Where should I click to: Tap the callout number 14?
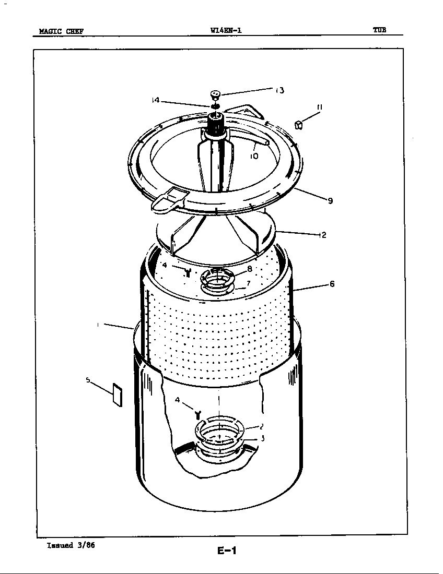point(155,100)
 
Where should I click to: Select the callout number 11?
point(319,107)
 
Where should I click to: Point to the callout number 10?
point(254,156)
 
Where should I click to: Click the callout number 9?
point(330,201)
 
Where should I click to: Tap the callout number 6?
point(332,284)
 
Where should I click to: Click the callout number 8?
point(250,269)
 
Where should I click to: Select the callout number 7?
point(249,283)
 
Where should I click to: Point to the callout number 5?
point(88,380)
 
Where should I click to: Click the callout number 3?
point(262,438)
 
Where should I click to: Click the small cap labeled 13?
point(216,94)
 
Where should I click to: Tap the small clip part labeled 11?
point(298,125)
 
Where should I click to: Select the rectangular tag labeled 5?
point(117,396)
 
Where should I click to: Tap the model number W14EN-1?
point(226,30)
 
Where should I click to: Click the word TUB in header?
point(379,30)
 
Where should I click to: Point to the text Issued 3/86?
point(71,545)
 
